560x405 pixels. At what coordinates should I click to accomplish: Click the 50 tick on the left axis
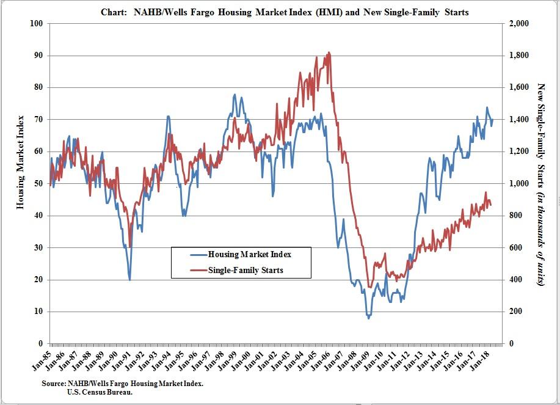click(38, 184)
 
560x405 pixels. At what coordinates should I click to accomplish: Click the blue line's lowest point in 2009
click(368, 318)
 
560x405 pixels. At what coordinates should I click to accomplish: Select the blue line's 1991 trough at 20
click(129, 280)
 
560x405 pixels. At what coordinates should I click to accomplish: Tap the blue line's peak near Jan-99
click(235, 95)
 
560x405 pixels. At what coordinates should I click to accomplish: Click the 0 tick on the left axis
click(40, 344)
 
